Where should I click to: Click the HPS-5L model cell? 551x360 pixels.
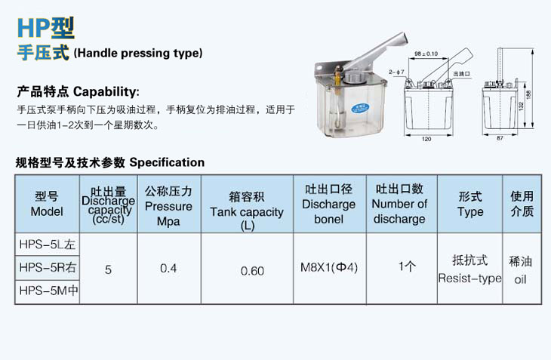point(48,245)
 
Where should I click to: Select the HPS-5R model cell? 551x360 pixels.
point(48,268)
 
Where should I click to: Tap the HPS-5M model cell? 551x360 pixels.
point(48,291)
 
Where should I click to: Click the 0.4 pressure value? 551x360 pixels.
point(168,269)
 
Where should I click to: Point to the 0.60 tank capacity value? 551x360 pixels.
point(252,271)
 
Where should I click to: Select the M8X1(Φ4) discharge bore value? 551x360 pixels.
point(329,268)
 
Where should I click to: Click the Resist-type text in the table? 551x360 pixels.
point(469,278)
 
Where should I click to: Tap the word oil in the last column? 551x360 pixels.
point(520,279)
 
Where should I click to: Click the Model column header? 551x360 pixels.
point(47,204)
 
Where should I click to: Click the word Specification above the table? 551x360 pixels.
point(167,162)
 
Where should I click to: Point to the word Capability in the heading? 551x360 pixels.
point(105,92)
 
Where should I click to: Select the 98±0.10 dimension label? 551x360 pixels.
point(426,54)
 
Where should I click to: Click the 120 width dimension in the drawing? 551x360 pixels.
point(426,139)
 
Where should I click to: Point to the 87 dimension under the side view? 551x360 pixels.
point(500,138)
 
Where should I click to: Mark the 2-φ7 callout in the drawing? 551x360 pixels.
point(396,72)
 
